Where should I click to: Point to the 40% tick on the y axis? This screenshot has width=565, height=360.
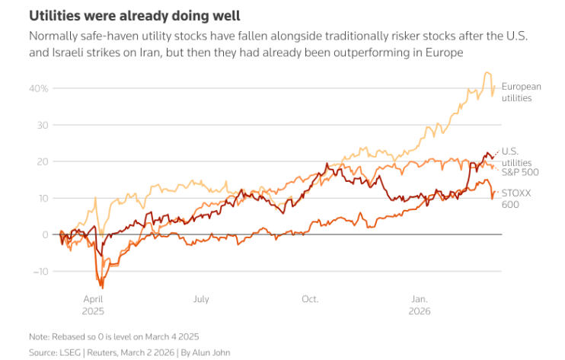[39, 88]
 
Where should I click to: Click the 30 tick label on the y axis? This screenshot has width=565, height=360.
[43, 125]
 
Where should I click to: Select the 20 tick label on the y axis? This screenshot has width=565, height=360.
[43, 161]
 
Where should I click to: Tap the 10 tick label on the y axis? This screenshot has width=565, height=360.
[43, 198]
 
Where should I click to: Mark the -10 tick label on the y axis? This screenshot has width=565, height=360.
[41, 271]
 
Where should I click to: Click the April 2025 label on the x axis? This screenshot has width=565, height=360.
[92, 305]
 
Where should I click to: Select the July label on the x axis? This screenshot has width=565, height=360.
[202, 299]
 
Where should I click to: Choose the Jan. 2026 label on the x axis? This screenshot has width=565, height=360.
[420, 305]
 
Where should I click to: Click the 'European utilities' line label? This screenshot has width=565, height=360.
[521, 92]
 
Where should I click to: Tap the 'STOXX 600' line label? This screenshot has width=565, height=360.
[516, 199]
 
